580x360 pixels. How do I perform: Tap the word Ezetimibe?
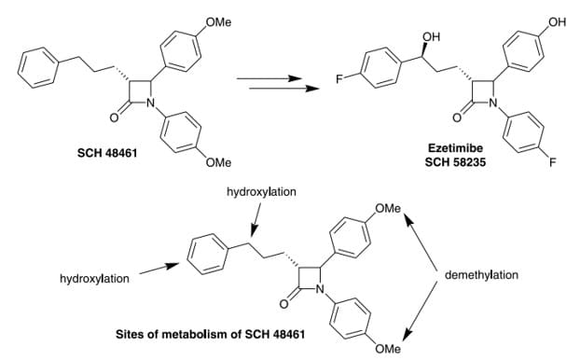(450, 147)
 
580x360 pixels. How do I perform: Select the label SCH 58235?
(450, 162)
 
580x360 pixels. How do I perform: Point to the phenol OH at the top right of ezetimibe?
(558, 21)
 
